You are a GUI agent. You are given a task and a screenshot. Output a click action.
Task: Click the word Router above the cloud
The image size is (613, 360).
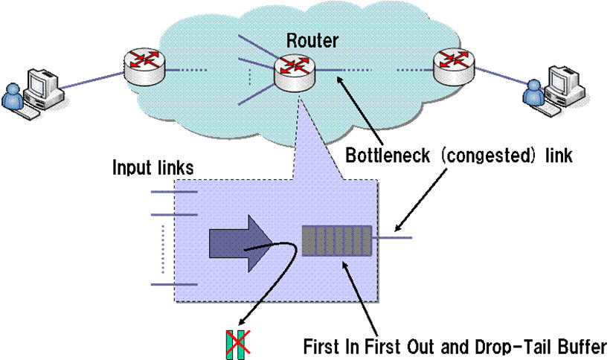coord(311,41)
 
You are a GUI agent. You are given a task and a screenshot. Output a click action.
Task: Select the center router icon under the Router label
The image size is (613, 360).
coord(292,69)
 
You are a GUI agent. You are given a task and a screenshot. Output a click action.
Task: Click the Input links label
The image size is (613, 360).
coord(153,168)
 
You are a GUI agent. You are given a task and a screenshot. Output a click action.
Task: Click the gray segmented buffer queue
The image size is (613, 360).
coord(336,240)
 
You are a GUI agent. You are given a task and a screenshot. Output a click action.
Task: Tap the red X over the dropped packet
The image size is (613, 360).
coord(237,342)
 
